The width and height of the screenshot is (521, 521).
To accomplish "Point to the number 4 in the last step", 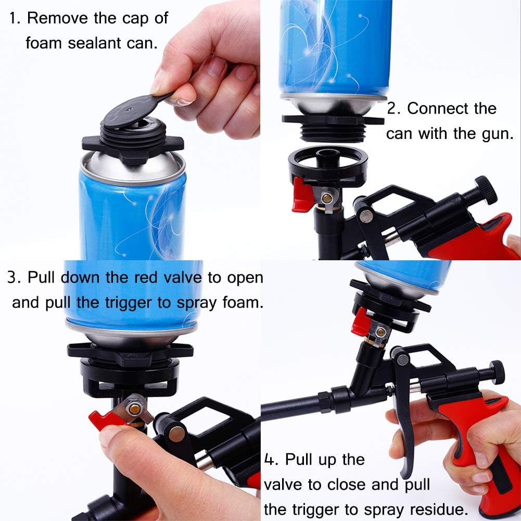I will click(x=270, y=460).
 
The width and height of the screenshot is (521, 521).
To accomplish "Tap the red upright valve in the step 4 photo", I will click(x=361, y=321).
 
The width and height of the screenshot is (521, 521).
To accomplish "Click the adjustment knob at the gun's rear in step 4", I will click(x=497, y=371).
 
